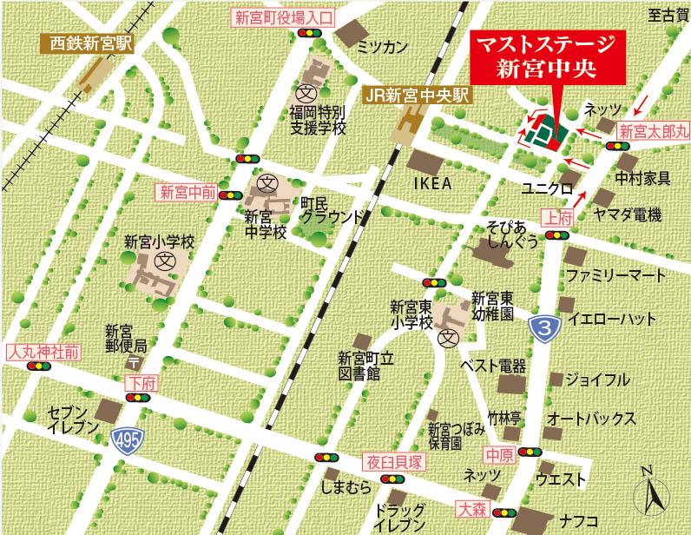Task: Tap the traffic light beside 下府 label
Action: tap(136, 397)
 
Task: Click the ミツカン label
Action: tap(382, 48)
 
